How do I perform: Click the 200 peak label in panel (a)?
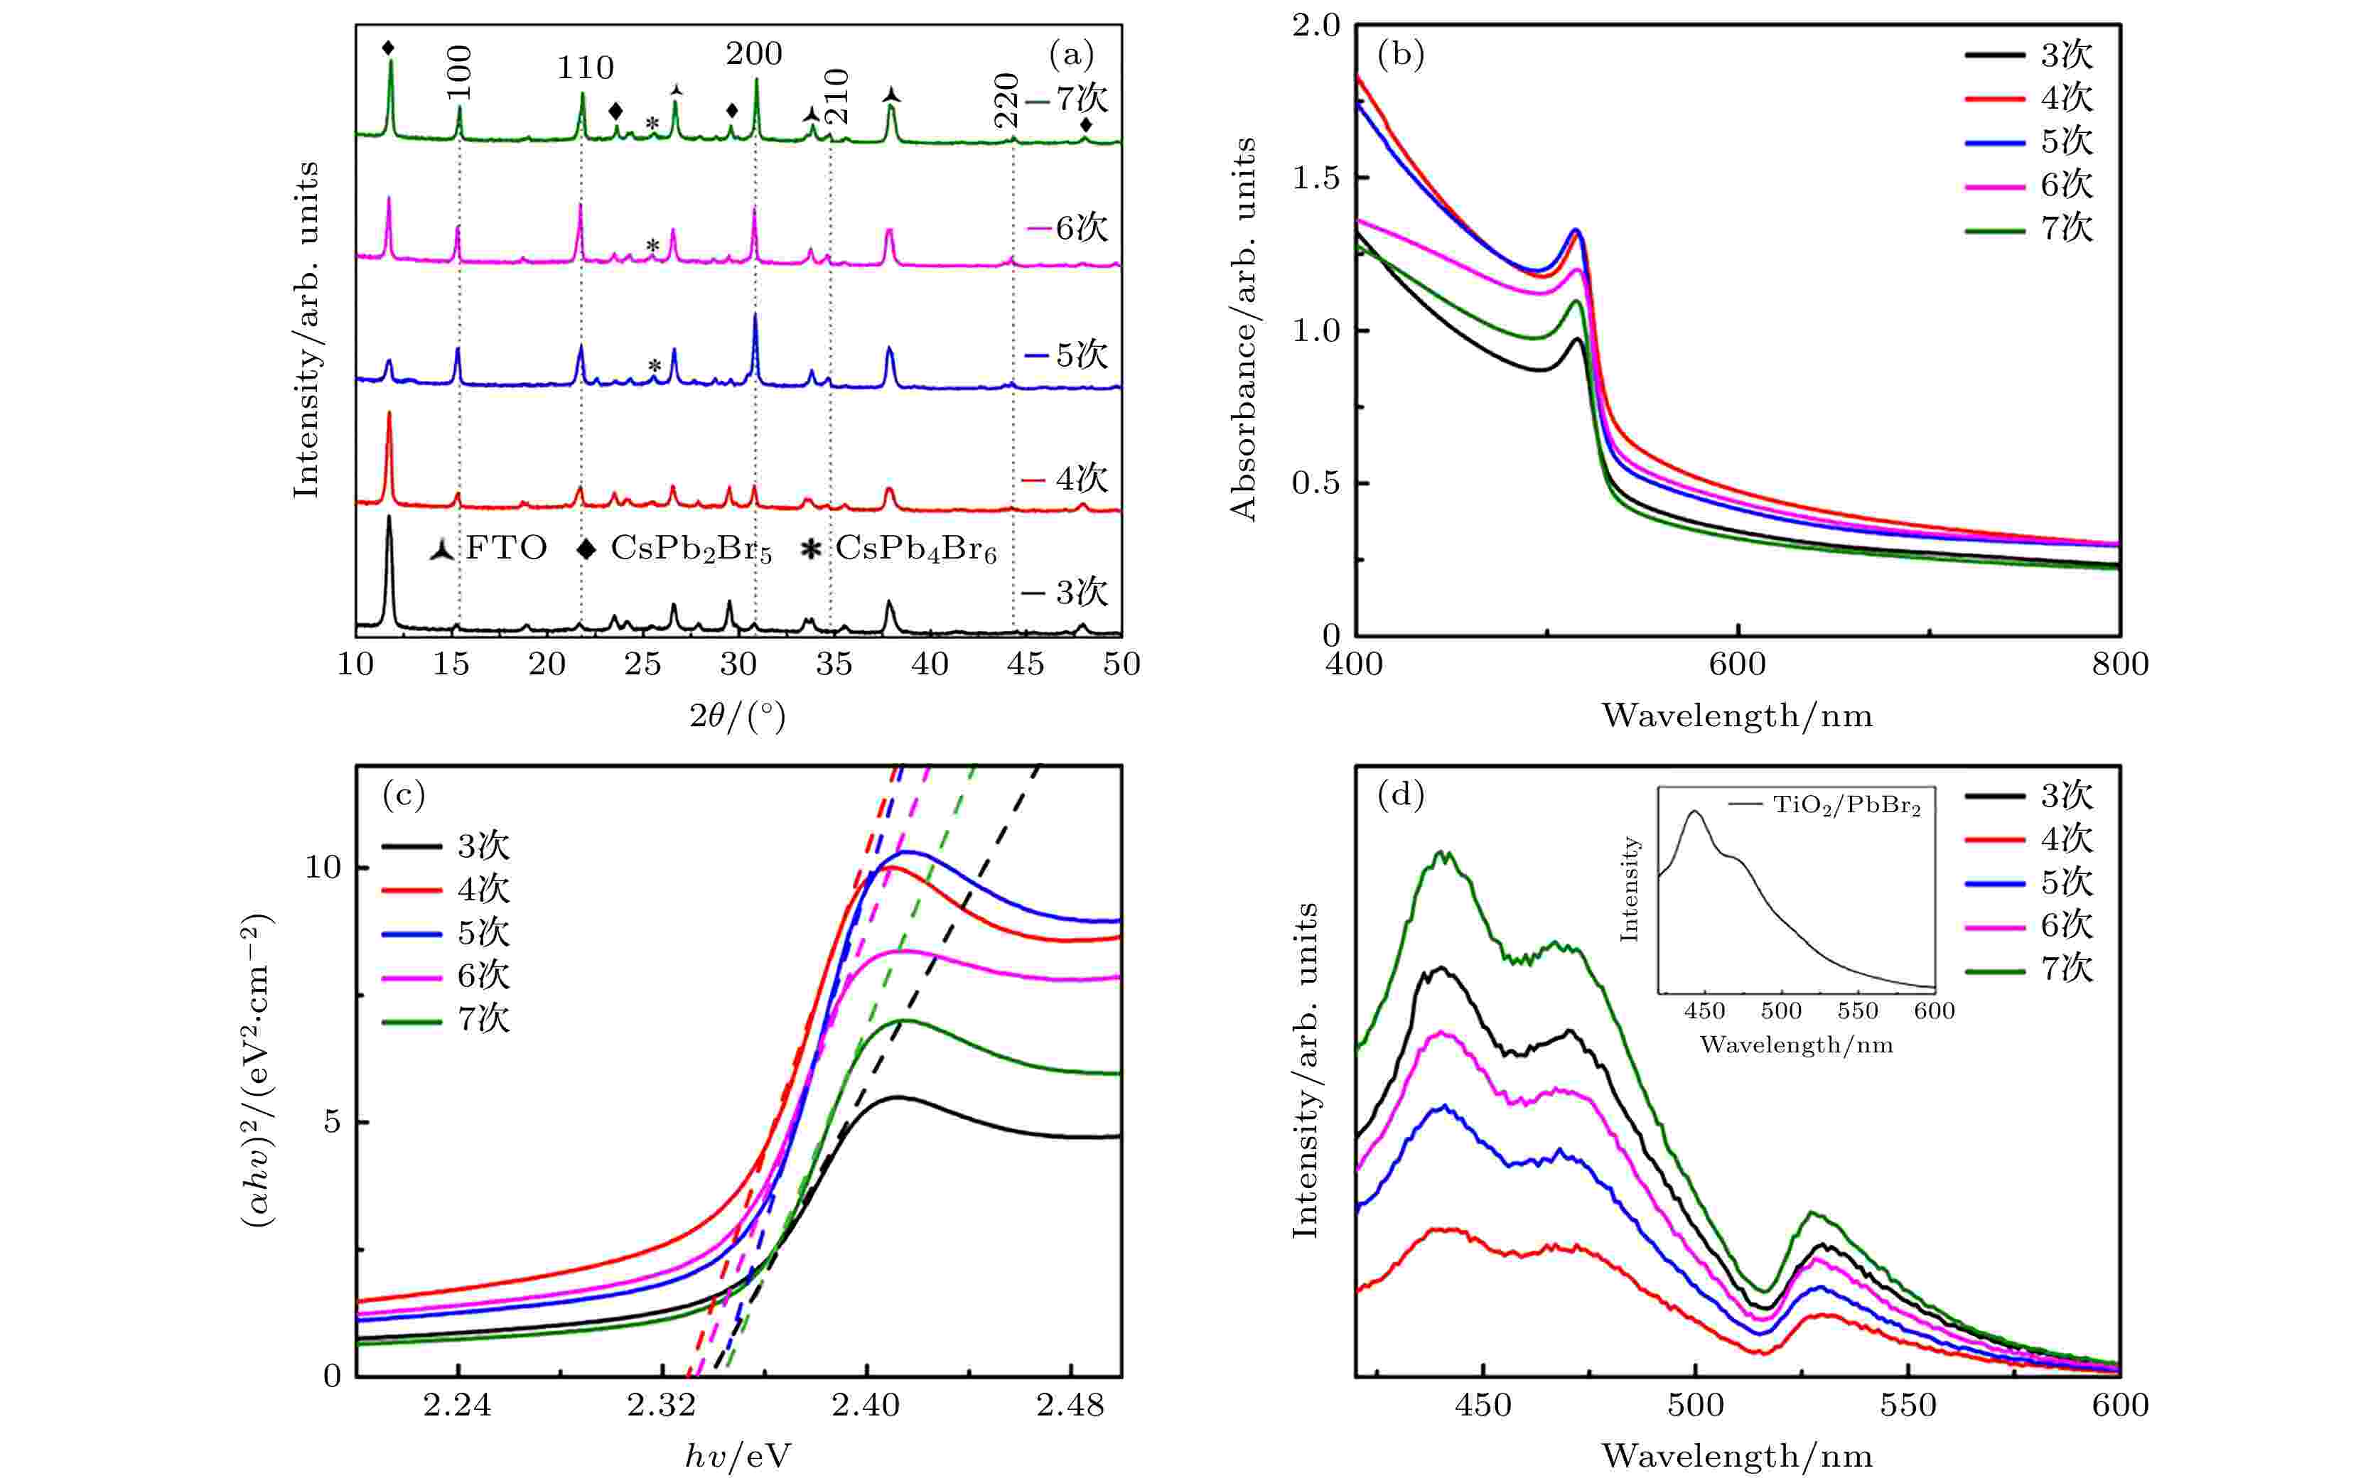(753, 54)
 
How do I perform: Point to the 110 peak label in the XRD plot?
(585, 68)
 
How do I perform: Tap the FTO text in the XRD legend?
(505, 549)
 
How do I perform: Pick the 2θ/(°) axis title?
(737, 717)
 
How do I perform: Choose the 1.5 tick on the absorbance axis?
(1316, 178)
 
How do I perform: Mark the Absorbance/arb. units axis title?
(1243, 328)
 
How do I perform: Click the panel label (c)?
(403, 794)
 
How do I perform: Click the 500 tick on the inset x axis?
(1780, 1011)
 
